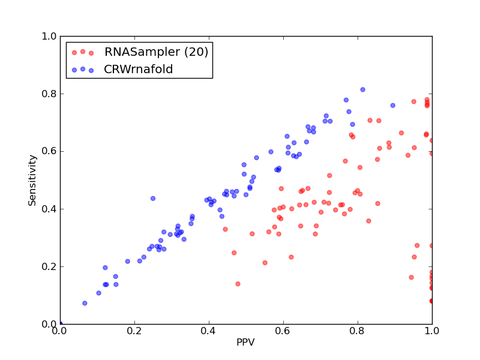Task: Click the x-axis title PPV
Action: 245,342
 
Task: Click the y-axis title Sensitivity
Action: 32,181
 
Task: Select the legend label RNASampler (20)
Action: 156,52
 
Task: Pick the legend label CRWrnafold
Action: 139,69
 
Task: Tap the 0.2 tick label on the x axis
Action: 134,331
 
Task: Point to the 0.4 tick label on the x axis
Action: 209,331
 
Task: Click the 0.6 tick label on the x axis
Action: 283,331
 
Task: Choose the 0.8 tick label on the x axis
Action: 358,331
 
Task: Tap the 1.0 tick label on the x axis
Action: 432,331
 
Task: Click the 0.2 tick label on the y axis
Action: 49,266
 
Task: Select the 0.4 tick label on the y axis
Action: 49,209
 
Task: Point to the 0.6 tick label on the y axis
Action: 49,152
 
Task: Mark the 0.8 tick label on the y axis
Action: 49,94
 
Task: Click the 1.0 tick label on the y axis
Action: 49,37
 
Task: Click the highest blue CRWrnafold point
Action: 363,89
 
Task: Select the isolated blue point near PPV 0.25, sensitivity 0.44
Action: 153,199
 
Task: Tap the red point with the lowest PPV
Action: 226,229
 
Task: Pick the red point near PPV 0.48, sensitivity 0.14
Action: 238,284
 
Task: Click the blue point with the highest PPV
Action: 393,106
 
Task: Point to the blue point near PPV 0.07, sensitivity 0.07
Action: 85,304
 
